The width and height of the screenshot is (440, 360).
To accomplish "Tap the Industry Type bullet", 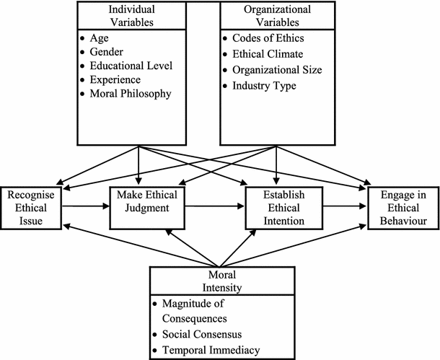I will click(x=259, y=86).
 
